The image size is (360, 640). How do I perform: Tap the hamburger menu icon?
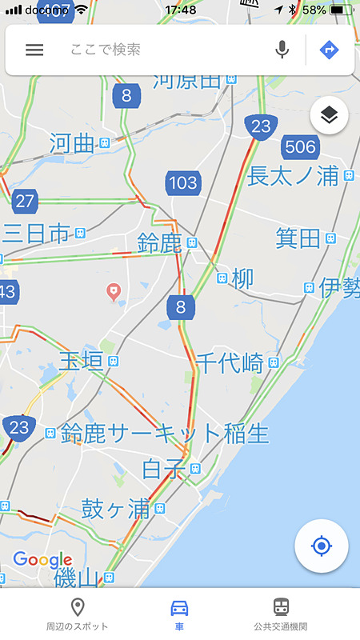click(34, 50)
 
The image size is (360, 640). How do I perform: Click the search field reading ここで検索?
click(160, 50)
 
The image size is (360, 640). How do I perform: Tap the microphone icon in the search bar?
click(282, 50)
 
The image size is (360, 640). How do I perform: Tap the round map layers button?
click(330, 117)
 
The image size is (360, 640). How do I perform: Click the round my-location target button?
click(321, 546)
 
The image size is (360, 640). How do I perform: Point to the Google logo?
click(42, 559)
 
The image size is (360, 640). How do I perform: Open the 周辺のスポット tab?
click(78, 614)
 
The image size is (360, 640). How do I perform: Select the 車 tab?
click(180, 614)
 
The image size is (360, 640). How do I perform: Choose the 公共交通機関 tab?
click(281, 614)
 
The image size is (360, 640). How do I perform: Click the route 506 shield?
click(300, 146)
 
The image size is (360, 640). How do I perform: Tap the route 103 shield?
click(182, 183)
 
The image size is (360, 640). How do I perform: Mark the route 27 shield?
click(25, 200)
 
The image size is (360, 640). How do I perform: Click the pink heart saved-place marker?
click(114, 291)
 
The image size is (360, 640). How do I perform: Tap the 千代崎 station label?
click(230, 362)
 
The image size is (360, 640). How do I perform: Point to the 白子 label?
click(164, 468)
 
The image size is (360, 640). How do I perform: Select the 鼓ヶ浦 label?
click(117, 508)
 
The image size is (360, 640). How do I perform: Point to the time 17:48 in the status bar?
click(180, 10)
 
